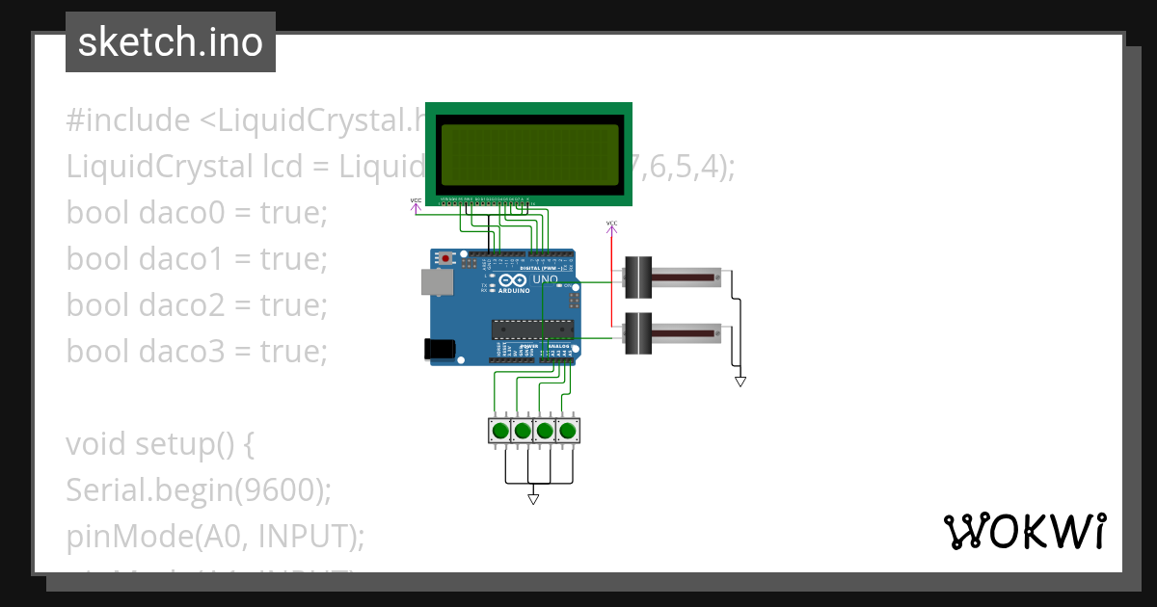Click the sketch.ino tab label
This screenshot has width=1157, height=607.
pos(171,42)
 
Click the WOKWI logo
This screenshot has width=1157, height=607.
pos(1024,532)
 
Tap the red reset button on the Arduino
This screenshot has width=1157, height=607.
pos(445,259)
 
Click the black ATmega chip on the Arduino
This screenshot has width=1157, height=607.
pos(531,330)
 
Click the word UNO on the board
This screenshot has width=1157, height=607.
pos(546,279)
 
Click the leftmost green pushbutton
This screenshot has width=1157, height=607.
pos(500,430)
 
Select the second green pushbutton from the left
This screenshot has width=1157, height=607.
pos(523,430)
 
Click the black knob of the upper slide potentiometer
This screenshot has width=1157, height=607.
pos(638,277)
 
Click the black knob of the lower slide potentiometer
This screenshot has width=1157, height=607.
pos(638,332)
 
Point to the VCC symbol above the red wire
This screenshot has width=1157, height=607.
pos(611,226)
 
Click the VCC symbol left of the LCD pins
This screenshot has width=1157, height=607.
pos(416,203)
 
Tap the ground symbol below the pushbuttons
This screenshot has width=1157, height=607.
pos(533,499)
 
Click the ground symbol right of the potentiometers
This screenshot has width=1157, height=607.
pos(740,382)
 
